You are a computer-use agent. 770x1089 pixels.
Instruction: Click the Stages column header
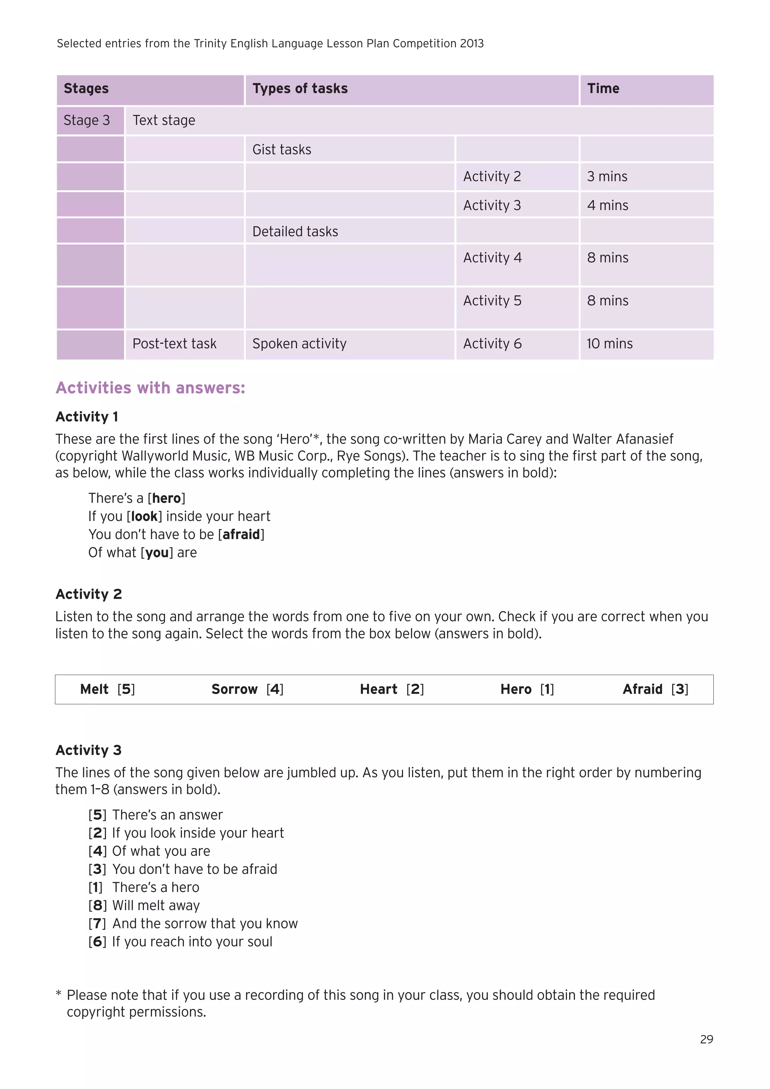tap(86, 89)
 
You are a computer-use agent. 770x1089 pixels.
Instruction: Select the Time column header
tap(603, 89)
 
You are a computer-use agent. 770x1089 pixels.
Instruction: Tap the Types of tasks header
tap(300, 89)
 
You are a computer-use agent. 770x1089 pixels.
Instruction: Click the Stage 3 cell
tap(87, 120)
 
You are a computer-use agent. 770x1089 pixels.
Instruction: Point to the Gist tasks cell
tap(282, 150)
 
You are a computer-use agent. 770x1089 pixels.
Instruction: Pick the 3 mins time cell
tap(607, 176)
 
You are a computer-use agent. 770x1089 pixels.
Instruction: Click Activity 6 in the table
tap(492, 344)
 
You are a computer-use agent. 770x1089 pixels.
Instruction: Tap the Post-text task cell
tap(174, 344)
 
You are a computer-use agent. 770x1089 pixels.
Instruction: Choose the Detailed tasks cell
tap(295, 232)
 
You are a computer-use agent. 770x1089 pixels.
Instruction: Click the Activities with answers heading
tap(150, 388)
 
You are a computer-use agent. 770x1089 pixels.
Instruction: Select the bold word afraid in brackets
tap(241, 535)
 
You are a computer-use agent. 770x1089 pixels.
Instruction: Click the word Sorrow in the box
tap(234, 689)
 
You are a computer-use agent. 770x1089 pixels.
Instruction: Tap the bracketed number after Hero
tap(547, 689)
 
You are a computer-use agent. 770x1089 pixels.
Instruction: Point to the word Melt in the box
tap(94, 689)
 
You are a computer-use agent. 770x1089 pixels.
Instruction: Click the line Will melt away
tap(156, 905)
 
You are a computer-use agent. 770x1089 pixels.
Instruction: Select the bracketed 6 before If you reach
tap(97, 942)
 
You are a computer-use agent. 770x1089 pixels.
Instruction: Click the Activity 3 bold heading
tap(89, 750)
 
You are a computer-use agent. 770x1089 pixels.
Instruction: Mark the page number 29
tap(706, 1039)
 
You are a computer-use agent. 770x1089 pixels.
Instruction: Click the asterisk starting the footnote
tap(59, 994)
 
